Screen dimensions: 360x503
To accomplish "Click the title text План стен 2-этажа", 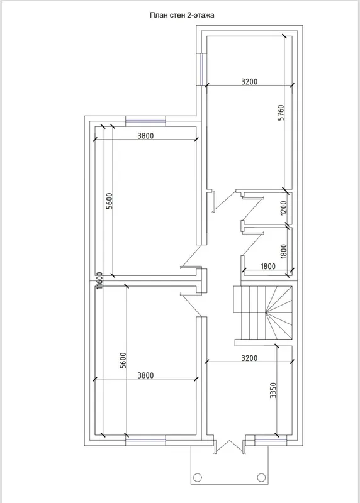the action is [182, 15].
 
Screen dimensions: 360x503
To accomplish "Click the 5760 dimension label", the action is [281, 113].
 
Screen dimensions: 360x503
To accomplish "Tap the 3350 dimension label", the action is [273, 390].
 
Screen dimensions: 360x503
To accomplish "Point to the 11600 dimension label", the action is [99, 280].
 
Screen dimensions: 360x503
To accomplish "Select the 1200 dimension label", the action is [284, 208].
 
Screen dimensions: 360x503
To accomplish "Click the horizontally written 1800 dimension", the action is [268, 266].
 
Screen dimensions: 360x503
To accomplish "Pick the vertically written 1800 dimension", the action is [284, 251].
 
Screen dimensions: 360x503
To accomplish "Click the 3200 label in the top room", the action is [249, 82].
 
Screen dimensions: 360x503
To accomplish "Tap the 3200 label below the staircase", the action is [249, 358].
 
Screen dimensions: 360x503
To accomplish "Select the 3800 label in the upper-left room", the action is [146, 136].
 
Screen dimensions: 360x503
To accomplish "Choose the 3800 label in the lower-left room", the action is [146, 375].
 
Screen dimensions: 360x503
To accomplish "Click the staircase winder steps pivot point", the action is [266, 312].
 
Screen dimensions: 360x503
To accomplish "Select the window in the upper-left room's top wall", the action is [145, 121].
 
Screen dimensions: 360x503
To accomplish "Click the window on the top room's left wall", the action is [202, 69].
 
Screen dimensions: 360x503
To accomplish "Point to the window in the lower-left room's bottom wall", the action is [145, 443].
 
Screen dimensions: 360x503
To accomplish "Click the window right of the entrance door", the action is [271, 443].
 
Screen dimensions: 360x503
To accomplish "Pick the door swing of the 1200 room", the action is [253, 209].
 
